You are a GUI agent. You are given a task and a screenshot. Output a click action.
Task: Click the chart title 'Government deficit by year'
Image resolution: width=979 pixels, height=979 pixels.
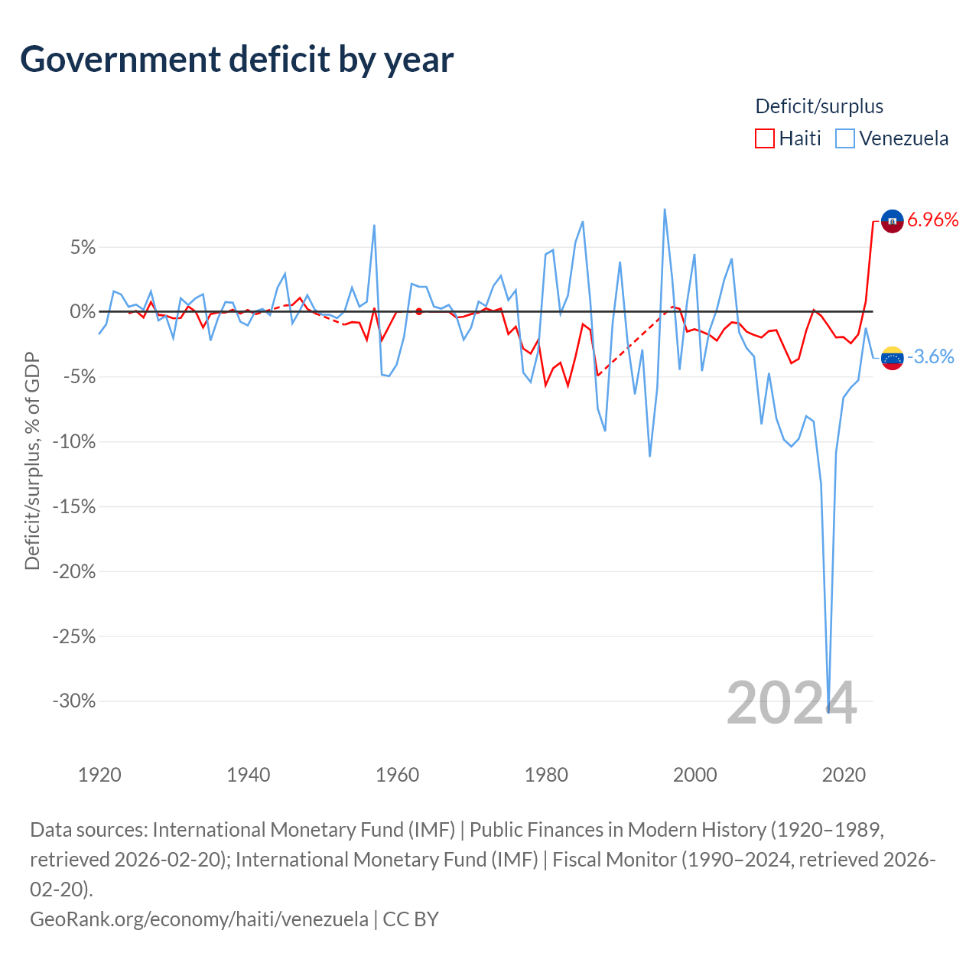[237, 60]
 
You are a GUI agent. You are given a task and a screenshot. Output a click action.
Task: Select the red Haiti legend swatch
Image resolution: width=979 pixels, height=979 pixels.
[764, 138]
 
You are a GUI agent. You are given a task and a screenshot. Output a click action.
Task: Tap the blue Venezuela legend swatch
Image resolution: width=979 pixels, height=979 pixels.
[844, 138]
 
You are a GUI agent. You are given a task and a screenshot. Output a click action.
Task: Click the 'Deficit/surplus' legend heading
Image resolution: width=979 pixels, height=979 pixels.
[819, 106]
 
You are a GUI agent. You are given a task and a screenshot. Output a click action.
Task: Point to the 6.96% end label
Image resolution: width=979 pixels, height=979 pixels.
[932, 220]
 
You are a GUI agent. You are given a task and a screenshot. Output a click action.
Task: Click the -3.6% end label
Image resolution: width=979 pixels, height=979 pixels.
[931, 356]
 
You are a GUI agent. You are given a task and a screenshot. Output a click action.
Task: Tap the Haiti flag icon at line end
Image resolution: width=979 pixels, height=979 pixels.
[892, 221]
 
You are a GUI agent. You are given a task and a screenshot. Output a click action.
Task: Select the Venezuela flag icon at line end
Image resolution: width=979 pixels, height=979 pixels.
[892, 357]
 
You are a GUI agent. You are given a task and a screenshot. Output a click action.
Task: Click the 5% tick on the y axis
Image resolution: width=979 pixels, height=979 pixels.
[82, 248]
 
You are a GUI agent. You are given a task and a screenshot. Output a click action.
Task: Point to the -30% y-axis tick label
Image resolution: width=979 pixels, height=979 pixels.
[74, 701]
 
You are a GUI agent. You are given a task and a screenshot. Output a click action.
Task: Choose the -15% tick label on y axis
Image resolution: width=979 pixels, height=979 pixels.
[74, 507]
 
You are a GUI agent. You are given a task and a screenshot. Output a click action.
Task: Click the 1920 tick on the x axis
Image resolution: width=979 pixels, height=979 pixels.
[99, 775]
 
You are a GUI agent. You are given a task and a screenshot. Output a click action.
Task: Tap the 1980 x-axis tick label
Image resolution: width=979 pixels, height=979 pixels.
[546, 775]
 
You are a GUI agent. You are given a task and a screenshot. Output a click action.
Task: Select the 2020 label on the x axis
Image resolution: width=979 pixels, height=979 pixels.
[844, 775]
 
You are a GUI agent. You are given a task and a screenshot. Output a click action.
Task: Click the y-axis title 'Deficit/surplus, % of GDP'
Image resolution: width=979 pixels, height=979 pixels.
[32, 460]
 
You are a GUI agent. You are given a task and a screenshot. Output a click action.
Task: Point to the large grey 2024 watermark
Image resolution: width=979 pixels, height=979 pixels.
[792, 703]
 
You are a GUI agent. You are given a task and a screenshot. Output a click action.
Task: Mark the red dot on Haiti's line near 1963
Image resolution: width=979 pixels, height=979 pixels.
[419, 311]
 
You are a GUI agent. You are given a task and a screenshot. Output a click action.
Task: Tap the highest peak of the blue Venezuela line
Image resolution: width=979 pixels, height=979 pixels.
[665, 209]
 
